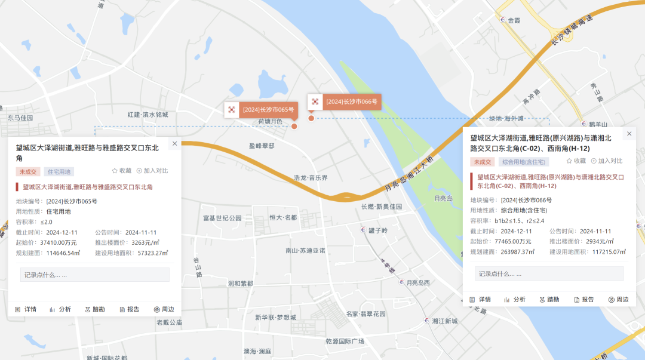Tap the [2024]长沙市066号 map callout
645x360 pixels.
345,102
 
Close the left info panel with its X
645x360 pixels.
174,143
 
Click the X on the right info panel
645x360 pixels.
629,134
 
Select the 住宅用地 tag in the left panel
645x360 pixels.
59,172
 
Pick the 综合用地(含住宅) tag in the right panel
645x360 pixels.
524,162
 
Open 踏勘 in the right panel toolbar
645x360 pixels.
549,299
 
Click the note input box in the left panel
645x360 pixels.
95,275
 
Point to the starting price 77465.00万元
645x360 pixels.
513,241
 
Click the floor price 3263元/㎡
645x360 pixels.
145,242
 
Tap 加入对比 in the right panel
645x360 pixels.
607,161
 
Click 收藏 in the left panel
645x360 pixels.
121,171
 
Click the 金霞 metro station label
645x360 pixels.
513,20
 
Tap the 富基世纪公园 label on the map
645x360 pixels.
222,218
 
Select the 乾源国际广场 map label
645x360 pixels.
345,341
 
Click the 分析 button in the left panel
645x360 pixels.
60,309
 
